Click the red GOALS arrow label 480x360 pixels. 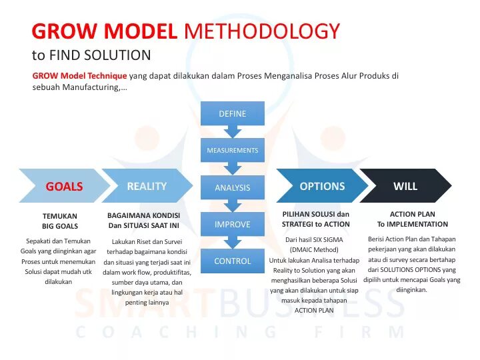(64, 187)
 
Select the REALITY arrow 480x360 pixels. (147, 186)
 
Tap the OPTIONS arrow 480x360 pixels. (322, 186)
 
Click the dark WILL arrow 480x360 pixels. (405, 186)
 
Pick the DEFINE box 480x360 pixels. (233, 114)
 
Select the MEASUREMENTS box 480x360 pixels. (233, 151)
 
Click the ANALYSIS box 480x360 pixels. (233, 188)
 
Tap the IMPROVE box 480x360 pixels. (233, 225)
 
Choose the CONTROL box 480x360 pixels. (233, 261)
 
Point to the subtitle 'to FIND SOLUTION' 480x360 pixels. (91, 55)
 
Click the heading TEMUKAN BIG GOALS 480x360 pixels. (60, 221)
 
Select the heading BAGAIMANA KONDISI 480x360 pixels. (143, 215)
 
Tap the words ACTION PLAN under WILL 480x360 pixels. (412, 215)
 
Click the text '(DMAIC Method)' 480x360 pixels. (314, 249)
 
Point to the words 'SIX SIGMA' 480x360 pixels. (329, 239)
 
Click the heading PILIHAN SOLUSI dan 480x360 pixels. (316, 215)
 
